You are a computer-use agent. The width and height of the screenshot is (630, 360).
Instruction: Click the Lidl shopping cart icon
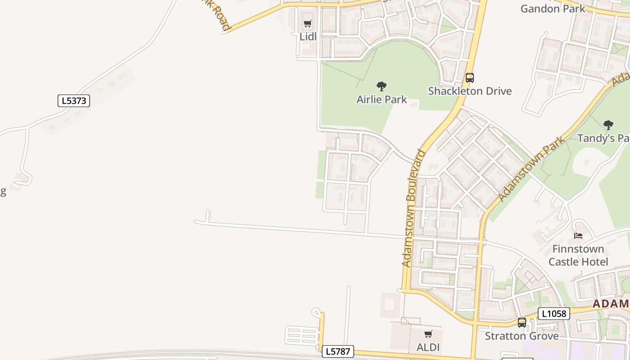[x=308, y=23]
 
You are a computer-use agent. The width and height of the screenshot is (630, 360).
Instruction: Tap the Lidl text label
[x=308, y=36]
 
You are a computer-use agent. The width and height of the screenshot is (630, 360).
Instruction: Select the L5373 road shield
[x=74, y=101]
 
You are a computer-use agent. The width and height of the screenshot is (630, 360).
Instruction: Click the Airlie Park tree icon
[x=382, y=86]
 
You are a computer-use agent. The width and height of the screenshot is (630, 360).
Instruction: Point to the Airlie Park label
[x=382, y=99]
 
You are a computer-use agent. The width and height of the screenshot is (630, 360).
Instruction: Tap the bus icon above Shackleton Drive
[x=470, y=77]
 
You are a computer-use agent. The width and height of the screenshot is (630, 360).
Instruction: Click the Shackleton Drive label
[x=470, y=91]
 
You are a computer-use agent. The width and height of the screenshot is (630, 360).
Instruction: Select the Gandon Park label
[x=553, y=8]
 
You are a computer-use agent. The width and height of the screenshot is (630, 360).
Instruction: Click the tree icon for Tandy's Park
[x=608, y=125]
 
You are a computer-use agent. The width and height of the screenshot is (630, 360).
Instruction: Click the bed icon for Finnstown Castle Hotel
[x=578, y=235]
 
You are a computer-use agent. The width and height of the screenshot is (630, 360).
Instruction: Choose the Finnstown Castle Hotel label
[x=578, y=255]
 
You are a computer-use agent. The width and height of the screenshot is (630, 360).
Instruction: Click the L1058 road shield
[x=553, y=314]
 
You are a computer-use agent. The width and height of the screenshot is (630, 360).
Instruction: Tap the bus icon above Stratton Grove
[x=522, y=323]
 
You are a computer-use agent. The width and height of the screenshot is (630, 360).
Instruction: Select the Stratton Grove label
[x=522, y=336]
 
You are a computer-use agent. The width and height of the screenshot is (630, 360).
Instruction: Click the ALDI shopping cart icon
[x=428, y=334]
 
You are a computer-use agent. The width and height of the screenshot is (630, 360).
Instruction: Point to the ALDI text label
[x=428, y=347]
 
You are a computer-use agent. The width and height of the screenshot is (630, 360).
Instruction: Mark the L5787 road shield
[x=337, y=351]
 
